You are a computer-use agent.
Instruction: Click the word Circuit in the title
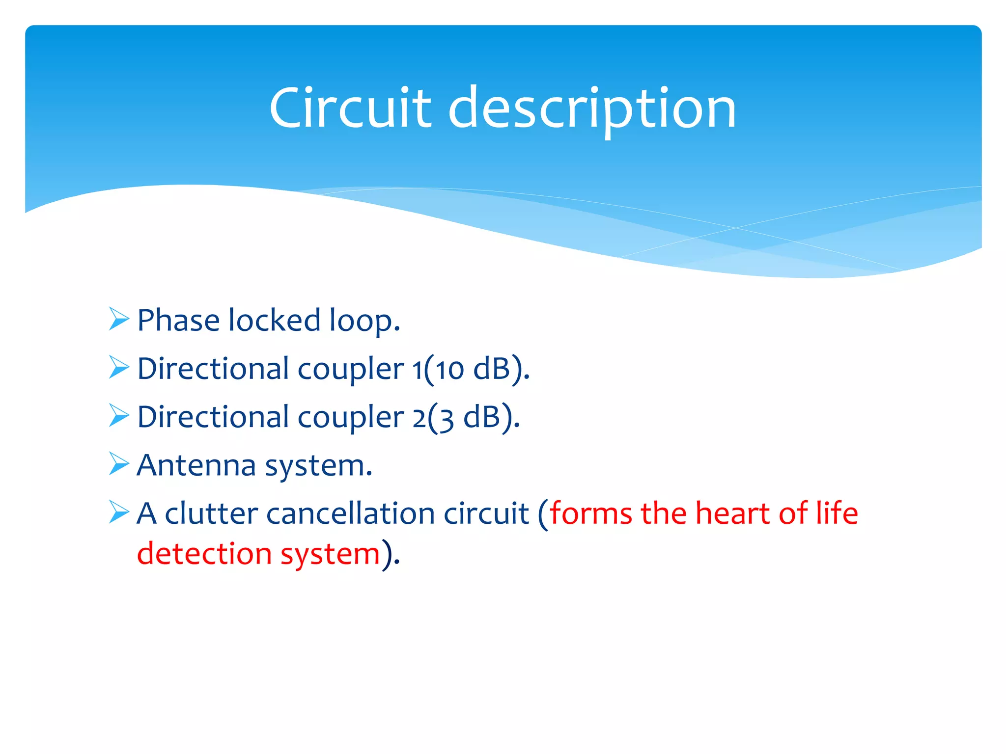coord(350,108)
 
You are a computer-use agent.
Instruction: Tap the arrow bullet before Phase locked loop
coord(119,319)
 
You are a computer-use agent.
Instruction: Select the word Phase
coord(178,321)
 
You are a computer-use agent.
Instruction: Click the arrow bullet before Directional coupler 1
coord(119,368)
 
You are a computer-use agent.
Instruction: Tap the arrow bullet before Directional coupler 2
coord(119,416)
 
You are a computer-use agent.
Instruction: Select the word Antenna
coord(196,465)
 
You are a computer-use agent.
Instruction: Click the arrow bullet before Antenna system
coord(119,464)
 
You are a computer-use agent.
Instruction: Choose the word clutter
coord(211,513)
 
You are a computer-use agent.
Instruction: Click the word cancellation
coord(350,513)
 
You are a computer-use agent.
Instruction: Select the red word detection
coord(204,554)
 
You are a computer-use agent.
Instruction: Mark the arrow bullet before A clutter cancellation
coord(119,512)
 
